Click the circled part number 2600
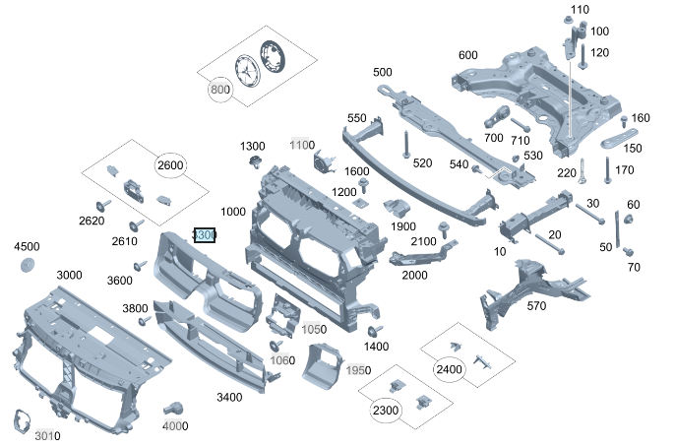[x=170, y=165]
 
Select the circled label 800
[x=219, y=89]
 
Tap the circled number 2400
[x=448, y=369]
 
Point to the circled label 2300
[x=386, y=410]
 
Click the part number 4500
[x=26, y=246]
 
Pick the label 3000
[x=69, y=275]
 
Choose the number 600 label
[x=467, y=54]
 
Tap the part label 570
[x=536, y=306]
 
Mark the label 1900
[x=402, y=226]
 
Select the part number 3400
[x=228, y=397]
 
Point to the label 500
[x=382, y=72]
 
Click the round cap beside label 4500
[x=28, y=266]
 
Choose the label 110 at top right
[x=579, y=10]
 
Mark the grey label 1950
[x=358, y=370]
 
